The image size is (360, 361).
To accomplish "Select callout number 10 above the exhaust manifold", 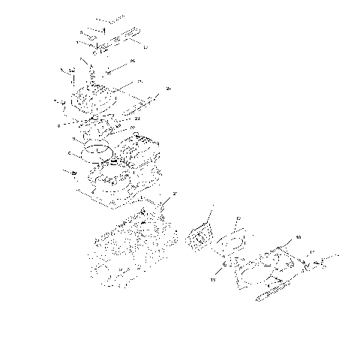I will (298, 237).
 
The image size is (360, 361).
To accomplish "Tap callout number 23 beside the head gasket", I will (137, 118).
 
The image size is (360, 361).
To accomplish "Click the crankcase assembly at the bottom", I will (124, 251).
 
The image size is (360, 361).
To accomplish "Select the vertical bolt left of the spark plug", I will (73, 75).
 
